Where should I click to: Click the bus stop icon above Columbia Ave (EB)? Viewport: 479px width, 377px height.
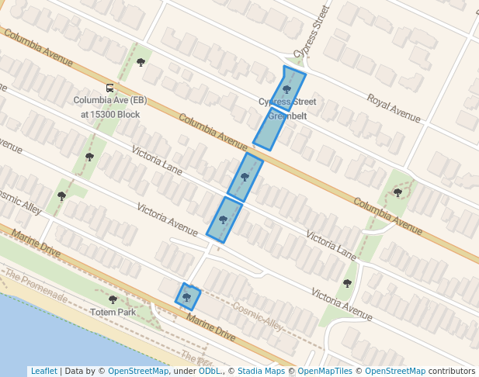110,88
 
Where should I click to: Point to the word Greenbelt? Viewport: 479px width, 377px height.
287,116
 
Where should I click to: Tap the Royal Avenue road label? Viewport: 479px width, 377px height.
394,109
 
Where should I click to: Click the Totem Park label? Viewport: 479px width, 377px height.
113,313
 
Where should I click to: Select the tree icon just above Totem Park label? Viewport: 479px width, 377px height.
113,299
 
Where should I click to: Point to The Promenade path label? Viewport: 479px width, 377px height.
35,285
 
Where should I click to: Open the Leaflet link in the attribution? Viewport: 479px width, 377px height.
43,371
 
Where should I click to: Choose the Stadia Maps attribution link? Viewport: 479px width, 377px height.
260,371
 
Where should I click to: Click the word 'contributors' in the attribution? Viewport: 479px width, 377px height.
452,371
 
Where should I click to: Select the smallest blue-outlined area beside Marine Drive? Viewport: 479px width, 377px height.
188,296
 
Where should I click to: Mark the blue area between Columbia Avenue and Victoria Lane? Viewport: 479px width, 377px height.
245,176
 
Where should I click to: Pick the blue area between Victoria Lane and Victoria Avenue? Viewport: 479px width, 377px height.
224,220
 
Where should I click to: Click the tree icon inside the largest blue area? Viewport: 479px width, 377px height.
286,90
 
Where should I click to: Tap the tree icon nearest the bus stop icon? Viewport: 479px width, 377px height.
141,62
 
